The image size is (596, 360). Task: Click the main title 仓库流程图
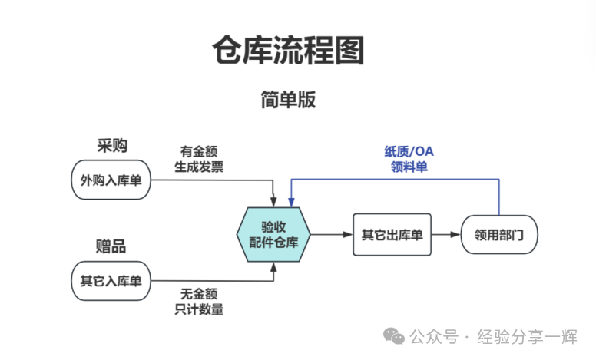click(288, 50)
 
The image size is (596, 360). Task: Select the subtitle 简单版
click(288, 100)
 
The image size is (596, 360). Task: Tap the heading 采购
click(111, 146)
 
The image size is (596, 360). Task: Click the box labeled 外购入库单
click(111, 180)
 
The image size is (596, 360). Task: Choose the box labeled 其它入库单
click(111, 280)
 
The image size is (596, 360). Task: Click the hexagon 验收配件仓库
click(274, 234)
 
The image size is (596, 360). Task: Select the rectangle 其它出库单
click(392, 234)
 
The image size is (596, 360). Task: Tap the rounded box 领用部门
click(499, 234)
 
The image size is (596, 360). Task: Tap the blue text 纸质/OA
click(409, 151)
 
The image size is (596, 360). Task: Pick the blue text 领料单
click(409, 167)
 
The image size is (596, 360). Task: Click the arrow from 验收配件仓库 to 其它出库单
click(331, 234)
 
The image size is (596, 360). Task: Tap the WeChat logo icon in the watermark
click(395, 337)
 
